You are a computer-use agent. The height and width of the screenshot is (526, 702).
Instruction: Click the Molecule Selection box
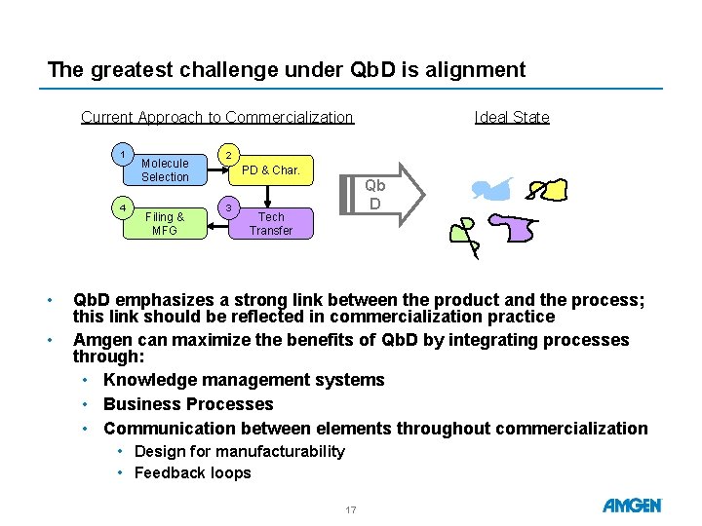[165, 169]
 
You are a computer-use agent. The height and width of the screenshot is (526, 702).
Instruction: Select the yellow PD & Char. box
[271, 169]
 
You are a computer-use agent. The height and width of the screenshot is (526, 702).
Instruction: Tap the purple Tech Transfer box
[271, 224]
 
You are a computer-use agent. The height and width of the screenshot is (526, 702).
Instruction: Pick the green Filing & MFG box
[165, 224]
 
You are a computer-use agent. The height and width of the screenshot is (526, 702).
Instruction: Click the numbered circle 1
[123, 155]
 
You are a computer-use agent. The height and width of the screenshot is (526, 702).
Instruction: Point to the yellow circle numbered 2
[229, 155]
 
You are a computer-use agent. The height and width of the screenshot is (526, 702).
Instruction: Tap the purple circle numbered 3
[229, 208]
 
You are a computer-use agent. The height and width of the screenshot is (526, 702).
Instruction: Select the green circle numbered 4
[123, 208]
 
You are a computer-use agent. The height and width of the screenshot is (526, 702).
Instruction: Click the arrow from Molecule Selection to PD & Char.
[218, 169]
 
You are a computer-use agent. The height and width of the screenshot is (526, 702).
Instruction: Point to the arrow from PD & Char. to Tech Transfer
[268, 197]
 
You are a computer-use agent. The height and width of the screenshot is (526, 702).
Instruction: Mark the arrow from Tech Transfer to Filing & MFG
[218, 226]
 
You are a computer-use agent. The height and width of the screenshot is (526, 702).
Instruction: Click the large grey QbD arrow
[382, 195]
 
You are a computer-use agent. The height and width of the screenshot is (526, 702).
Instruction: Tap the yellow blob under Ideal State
[548, 190]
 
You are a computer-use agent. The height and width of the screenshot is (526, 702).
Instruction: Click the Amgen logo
[632, 506]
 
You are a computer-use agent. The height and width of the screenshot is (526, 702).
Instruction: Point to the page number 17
[351, 509]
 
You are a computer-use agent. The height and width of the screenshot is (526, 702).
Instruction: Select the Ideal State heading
[512, 117]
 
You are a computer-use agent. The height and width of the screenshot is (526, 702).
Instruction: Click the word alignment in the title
[476, 70]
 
